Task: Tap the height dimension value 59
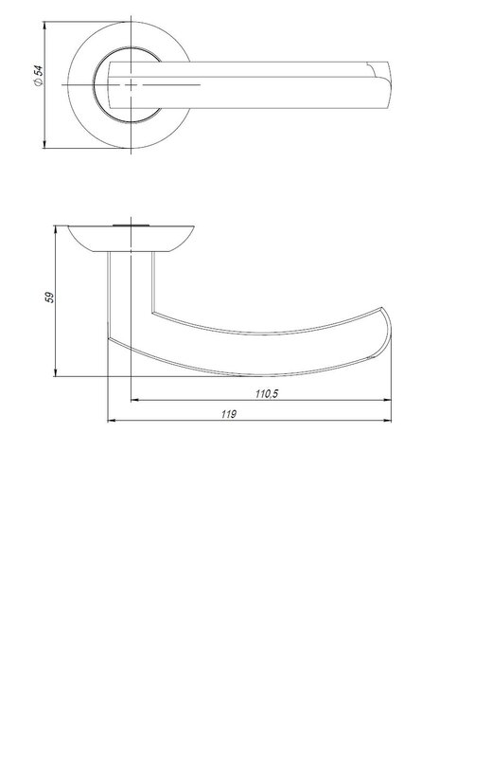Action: (x=50, y=298)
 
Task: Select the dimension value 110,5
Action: (x=267, y=394)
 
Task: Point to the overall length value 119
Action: (x=229, y=414)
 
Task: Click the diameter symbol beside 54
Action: (x=39, y=82)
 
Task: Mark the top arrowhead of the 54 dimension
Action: (x=44, y=26)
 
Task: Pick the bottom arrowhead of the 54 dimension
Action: (x=44, y=144)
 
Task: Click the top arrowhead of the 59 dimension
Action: (x=56, y=229)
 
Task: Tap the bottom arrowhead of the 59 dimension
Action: (x=56, y=371)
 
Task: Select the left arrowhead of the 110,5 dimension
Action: (x=135, y=400)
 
